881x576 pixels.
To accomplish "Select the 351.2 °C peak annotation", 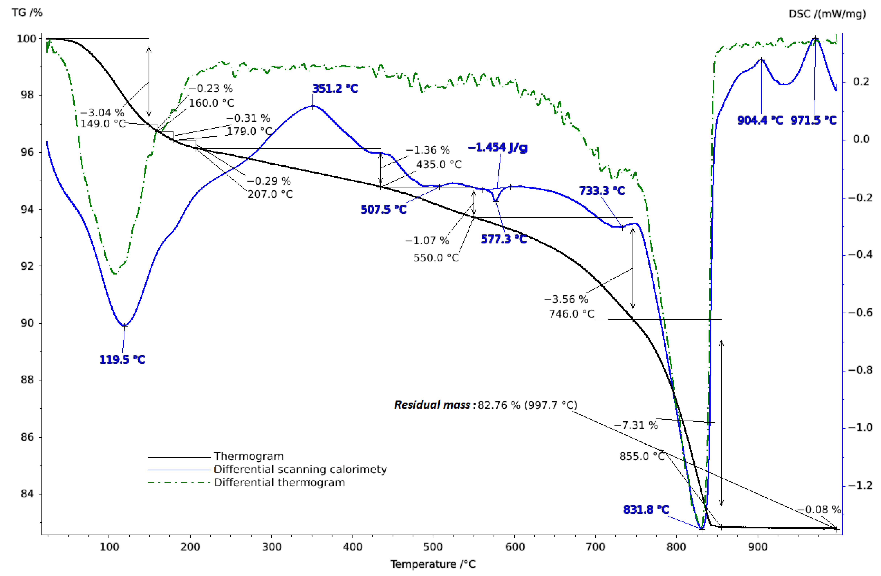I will point(335,88).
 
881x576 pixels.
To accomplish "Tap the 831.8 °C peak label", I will point(646,509).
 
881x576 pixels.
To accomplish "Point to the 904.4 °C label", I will point(760,120).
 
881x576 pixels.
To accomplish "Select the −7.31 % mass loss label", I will point(636,425).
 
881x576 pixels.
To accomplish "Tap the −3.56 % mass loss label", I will point(566,299).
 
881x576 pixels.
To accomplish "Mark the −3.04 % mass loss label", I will point(102,112).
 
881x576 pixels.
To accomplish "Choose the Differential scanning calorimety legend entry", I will point(300,469).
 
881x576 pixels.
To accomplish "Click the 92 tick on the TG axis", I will point(27,266).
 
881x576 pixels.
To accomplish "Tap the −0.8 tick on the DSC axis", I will point(860,370).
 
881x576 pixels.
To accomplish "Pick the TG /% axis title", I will point(27,13).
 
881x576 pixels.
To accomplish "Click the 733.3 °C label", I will point(602,191).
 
